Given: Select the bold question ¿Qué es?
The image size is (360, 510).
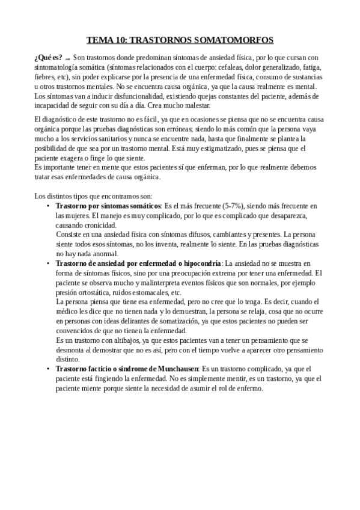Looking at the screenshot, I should click(49, 57).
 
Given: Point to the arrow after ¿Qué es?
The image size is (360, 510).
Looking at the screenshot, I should click(67, 58).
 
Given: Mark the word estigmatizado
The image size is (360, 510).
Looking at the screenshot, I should click(236, 148).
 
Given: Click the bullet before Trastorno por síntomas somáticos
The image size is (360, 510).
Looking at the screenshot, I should click(48, 206).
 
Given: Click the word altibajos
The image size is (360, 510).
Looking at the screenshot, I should click(119, 340).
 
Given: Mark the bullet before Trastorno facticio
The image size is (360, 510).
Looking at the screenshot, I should click(48, 369).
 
